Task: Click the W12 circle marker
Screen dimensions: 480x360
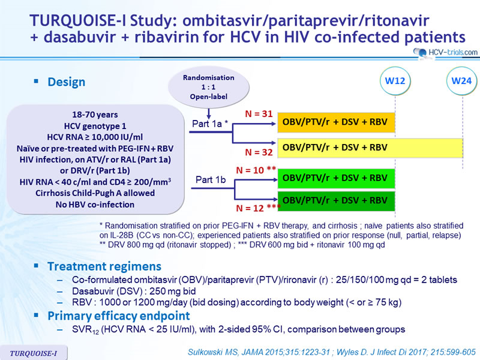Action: coord(395,81)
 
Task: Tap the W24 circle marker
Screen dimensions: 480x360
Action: coord(461,81)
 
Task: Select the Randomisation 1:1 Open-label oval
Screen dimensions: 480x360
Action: coord(208,87)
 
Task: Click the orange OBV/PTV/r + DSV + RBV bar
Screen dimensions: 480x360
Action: coord(336,122)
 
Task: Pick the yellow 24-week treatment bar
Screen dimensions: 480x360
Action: coord(370,148)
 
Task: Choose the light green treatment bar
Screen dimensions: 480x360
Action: coord(336,178)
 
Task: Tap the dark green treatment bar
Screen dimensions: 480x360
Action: coord(336,201)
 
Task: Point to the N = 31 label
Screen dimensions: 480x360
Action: coord(259,114)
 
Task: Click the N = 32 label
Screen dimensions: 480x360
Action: coord(259,152)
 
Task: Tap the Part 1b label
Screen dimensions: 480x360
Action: coord(211,179)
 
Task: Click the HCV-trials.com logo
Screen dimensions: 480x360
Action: coord(445,53)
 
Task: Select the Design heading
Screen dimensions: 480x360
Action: coord(67,82)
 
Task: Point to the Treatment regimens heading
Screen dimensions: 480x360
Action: coord(104,266)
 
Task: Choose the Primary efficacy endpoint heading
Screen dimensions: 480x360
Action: coord(119,316)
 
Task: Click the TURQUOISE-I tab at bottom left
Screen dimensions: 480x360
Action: coord(34,353)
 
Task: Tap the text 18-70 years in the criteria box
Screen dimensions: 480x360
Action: coord(95,115)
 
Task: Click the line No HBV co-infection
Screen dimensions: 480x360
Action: coord(95,205)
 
